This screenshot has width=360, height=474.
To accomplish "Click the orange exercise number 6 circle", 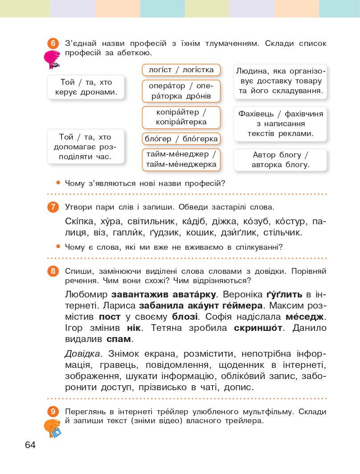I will tap(53, 44).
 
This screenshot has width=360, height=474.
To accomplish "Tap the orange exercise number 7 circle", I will tap(53, 207).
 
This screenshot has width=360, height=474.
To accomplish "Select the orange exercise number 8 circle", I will tap(53, 271).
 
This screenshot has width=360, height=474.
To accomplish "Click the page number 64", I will tap(30, 445).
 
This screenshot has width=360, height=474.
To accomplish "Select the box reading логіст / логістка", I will tap(181, 70).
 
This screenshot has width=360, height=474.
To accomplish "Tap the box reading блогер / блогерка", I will tap(181, 139).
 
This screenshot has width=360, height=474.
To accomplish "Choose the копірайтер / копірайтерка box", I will tap(181, 117).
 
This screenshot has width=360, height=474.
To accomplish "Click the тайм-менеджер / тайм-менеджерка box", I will tap(181, 160).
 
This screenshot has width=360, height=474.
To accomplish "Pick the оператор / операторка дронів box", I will tap(181, 91).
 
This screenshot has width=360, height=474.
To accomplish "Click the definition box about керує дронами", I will tap(86, 87).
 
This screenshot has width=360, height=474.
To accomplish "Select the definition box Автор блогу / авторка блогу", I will tap(280, 160).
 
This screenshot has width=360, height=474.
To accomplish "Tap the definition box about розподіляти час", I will tap(86, 147).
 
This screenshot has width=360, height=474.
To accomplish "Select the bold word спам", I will tap(119, 339).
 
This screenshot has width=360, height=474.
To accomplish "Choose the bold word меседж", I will tap(306, 317).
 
